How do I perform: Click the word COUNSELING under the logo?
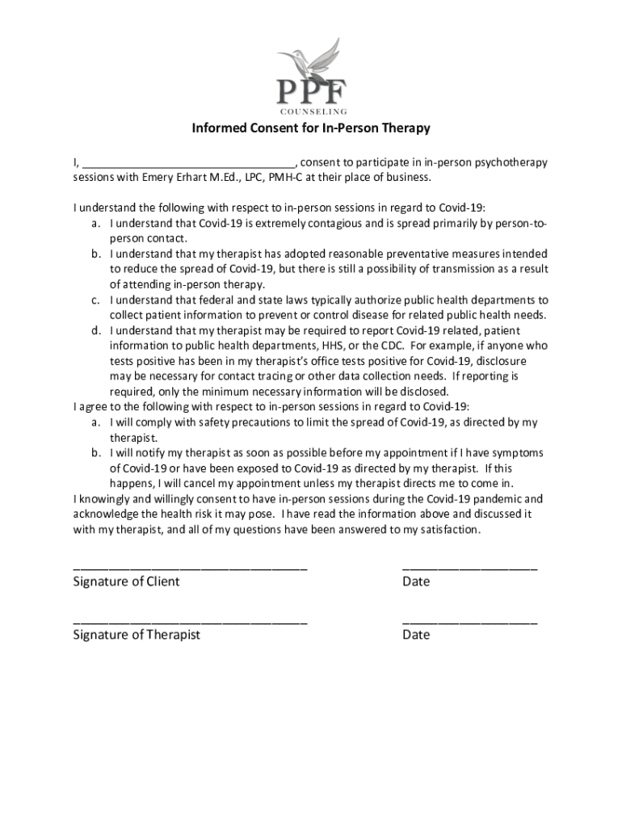click(313, 111)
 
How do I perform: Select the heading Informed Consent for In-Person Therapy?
click(310, 128)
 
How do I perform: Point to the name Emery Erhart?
click(159, 178)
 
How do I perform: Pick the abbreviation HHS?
click(312, 346)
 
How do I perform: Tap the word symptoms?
click(516, 453)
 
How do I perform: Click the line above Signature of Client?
click(190, 566)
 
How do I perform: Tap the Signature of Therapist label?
click(137, 635)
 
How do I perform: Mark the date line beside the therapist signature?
click(469, 621)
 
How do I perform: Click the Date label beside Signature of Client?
click(416, 581)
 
